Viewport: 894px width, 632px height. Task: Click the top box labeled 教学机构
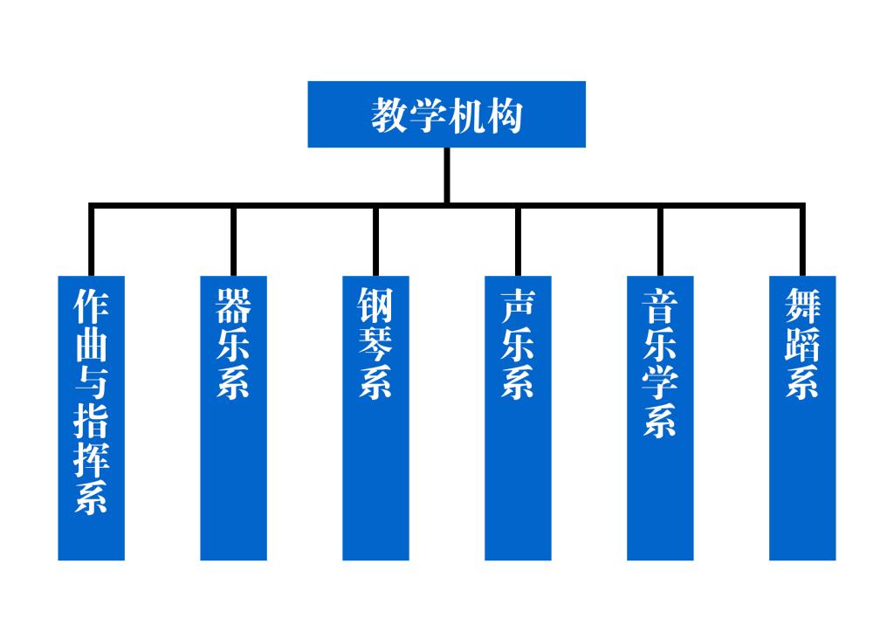(x=446, y=114)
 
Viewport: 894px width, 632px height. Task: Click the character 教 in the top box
(x=389, y=115)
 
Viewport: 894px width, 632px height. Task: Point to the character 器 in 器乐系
(x=233, y=306)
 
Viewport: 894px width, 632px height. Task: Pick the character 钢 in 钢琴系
(x=375, y=306)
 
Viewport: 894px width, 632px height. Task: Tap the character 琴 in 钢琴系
(x=375, y=345)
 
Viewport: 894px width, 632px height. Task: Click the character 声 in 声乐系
(x=518, y=306)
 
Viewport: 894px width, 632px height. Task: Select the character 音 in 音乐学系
(x=660, y=306)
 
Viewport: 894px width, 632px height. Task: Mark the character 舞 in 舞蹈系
(x=802, y=306)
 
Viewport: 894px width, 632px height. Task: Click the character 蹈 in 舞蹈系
(x=802, y=345)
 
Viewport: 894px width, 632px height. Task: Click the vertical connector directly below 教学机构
(x=447, y=175)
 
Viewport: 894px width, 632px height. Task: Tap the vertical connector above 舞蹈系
(x=802, y=241)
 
